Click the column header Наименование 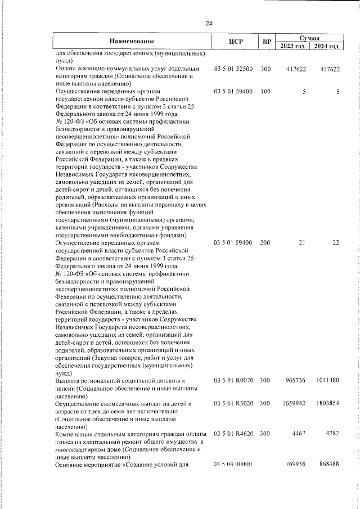[x=132, y=41]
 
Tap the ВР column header [x=267, y=41]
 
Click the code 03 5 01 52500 [x=233, y=69]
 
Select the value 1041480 [x=327, y=381]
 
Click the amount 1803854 [x=327, y=404]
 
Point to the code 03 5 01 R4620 [x=233, y=435]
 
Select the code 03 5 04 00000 [x=233, y=465]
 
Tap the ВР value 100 [x=265, y=91]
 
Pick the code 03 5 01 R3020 [x=233, y=404]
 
